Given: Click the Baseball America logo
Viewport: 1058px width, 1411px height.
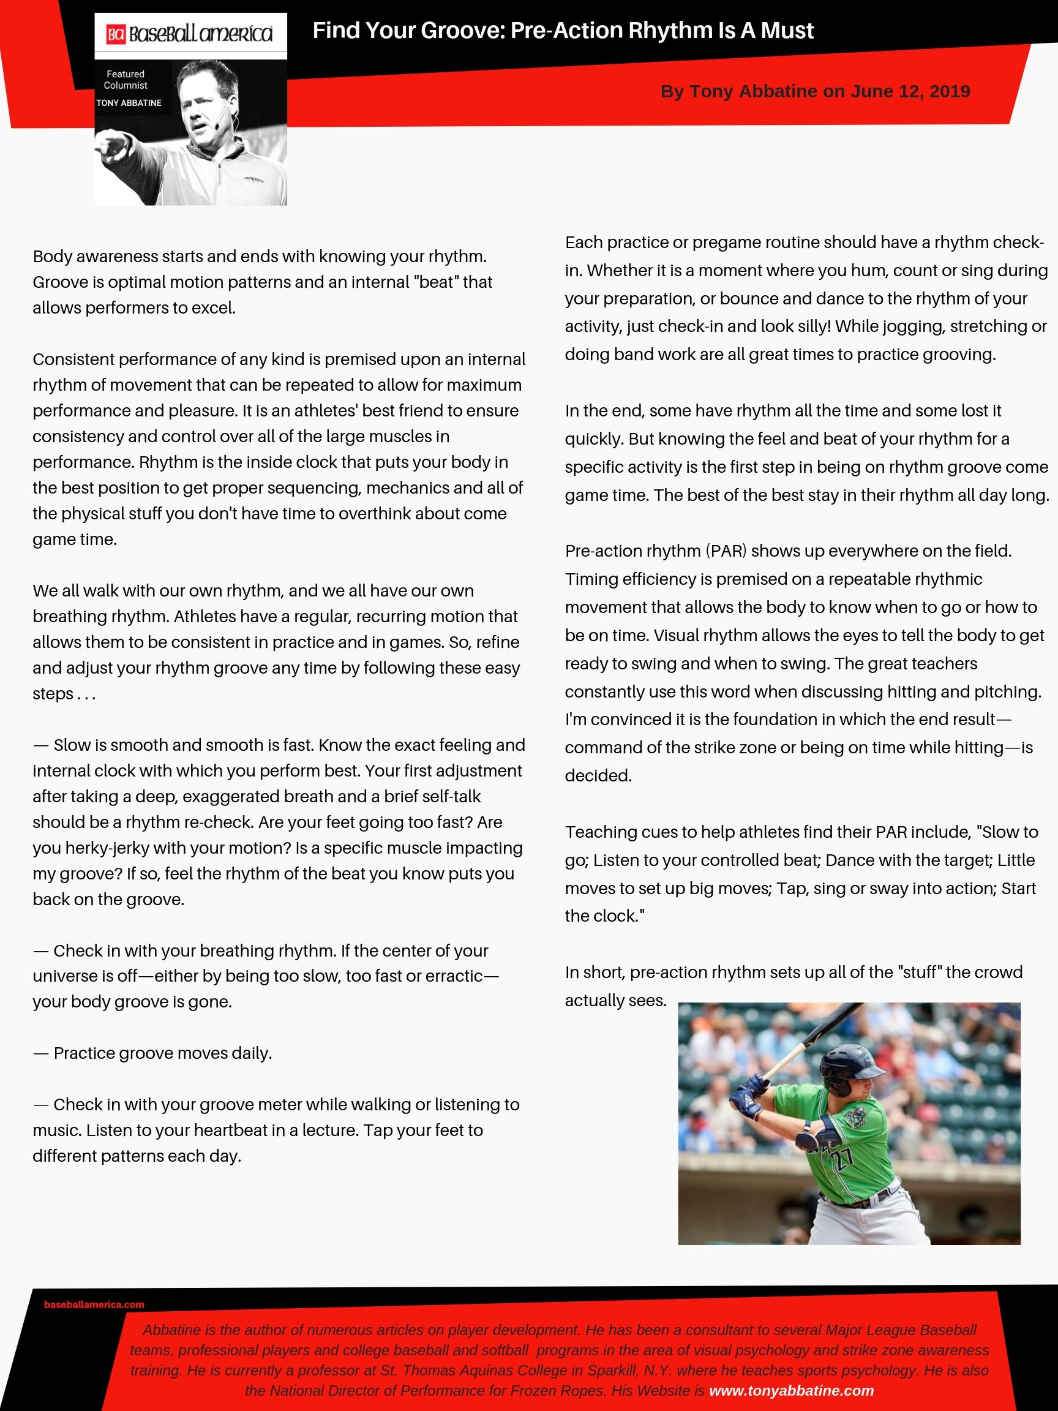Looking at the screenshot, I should [x=190, y=34].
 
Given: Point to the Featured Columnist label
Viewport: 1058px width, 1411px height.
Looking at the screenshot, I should [x=126, y=80].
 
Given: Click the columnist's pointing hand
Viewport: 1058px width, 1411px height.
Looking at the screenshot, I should [x=113, y=149].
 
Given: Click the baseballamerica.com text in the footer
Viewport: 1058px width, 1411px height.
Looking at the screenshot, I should [x=94, y=1304].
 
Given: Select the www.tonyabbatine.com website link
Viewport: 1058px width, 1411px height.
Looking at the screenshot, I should [x=791, y=1391].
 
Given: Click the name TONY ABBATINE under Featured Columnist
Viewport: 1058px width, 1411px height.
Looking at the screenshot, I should [x=129, y=103].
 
